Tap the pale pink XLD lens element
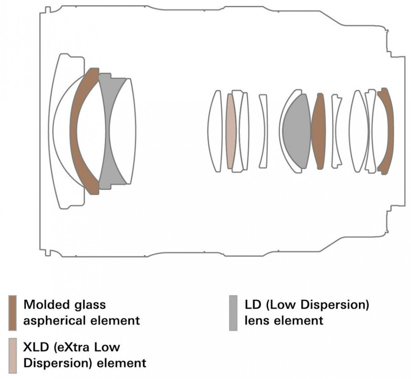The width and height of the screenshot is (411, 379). pos(230,131)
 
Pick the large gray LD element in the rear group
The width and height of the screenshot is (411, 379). pos(297,131)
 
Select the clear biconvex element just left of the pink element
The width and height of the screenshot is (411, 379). pos(215,131)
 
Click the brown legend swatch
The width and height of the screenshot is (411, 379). pos(13,313)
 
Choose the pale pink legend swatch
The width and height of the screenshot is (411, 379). pos(13,355)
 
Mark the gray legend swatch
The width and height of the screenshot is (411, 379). pos(233,313)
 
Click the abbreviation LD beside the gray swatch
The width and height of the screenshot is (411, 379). pos(252,304)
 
